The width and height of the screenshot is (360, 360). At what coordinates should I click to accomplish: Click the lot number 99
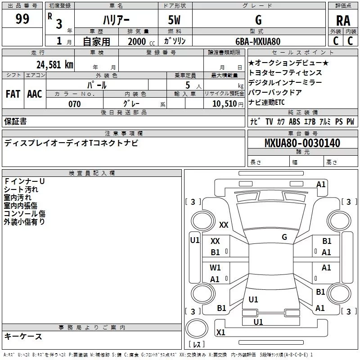click(x=22, y=20)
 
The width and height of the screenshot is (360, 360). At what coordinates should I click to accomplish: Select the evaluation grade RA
click(x=343, y=20)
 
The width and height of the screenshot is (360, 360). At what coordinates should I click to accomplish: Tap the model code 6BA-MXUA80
click(x=258, y=41)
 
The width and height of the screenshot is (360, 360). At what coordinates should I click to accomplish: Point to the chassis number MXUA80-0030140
click(x=302, y=144)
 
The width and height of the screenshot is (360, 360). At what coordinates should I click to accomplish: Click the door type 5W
click(x=176, y=20)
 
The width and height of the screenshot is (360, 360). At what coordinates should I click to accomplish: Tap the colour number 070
click(x=75, y=104)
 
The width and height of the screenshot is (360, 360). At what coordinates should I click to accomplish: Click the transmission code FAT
click(x=13, y=94)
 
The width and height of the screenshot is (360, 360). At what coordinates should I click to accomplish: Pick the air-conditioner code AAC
click(x=35, y=94)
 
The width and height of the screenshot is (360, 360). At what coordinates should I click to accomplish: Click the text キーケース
click(x=23, y=337)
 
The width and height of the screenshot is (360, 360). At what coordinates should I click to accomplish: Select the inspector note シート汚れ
click(x=21, y=189)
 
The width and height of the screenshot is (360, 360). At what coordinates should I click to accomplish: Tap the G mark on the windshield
click(x=284, y=237)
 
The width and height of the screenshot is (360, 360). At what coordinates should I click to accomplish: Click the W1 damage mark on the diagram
click(x=215, y=268)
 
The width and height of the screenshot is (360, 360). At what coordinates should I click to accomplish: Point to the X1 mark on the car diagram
click(x=220, y=333)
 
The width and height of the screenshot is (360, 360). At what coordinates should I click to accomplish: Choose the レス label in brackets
click(x=196, y=345)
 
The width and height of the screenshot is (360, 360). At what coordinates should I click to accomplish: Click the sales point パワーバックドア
click(x=274, y=92)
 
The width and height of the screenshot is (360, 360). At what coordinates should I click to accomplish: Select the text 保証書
click(x=15, y=121)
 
